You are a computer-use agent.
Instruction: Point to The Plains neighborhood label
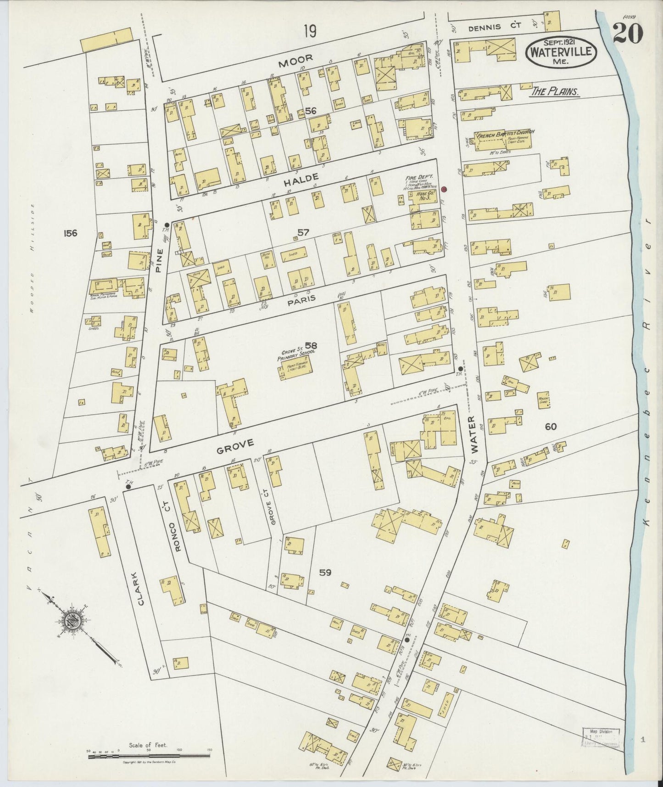(x=554, y=92)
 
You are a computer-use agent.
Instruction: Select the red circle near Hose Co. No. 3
(x=444, y=189)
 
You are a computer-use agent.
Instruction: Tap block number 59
(x=325, y=573)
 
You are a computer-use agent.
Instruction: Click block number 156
(x=71, y=233)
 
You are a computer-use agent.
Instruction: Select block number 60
(x=551, y=427)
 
